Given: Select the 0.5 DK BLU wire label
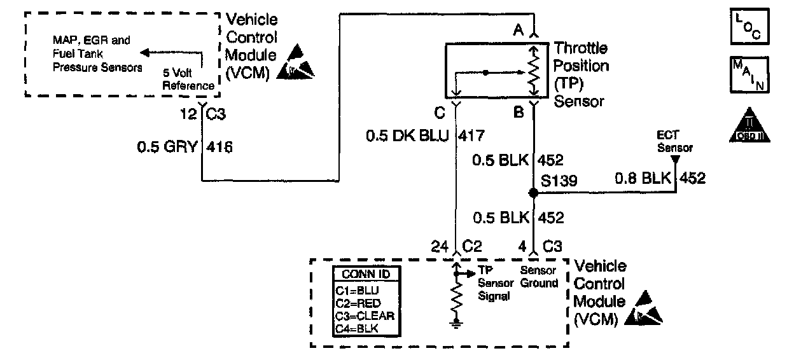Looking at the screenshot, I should pos(407,135).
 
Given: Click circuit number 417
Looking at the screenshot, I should pos(475,135).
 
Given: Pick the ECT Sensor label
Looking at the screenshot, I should pos(674,142).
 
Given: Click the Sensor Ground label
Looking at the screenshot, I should pos(539,277).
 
